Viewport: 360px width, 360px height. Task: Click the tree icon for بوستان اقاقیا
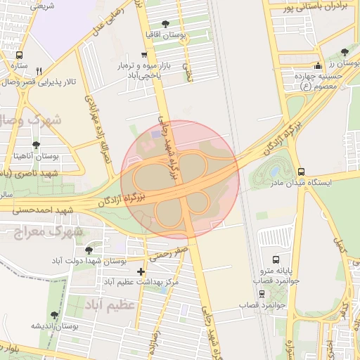click(165, 24)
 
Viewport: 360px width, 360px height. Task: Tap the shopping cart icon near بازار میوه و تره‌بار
click(144, 55)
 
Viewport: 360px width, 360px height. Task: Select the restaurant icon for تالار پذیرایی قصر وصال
click(39, 71)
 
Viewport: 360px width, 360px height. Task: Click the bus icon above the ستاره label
click(19, 55)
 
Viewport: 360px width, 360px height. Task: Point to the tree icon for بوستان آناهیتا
click(37, 144)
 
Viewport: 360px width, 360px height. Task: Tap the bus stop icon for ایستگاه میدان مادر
click(301, 171)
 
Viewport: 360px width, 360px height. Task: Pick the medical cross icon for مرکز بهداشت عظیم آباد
click(141, 271)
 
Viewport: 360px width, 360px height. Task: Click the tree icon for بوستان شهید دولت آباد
click(89, 250)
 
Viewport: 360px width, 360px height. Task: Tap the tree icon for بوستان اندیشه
click(54, 316)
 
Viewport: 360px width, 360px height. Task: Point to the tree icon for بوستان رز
click(344, 52)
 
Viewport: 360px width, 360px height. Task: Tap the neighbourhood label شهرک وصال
click(35, 120)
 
